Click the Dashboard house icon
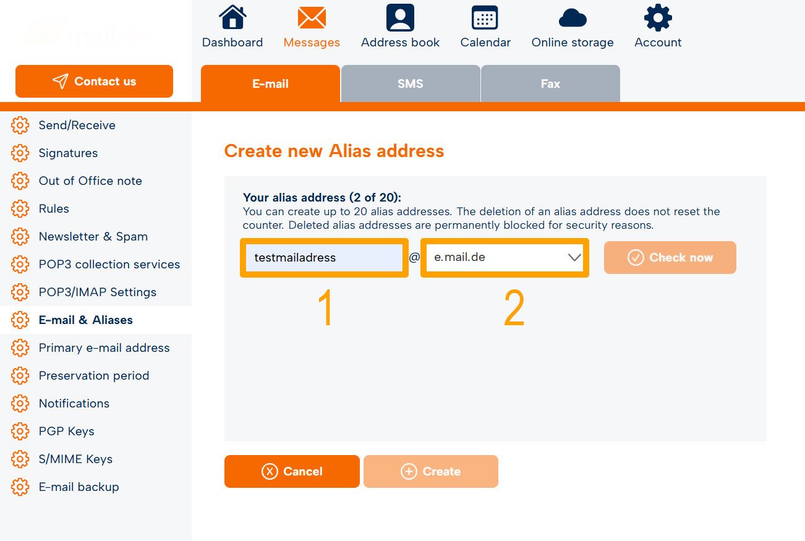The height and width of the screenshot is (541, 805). [x=232, y=17]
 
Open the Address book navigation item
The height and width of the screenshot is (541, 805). [x=400, y=26]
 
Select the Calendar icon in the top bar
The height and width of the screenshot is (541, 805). [x=485, y=17]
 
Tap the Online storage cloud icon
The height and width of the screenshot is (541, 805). [x=573, y=18]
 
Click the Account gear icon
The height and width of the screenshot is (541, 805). [x=658, y=17]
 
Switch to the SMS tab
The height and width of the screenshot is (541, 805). [x=411, y=83]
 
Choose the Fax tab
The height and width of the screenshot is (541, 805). [x=550, y=83]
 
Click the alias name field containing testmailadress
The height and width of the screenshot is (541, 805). [x=324, y=257]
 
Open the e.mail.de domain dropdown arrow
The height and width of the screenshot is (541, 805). [x=574, y=257]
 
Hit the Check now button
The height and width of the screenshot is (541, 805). [x=670, y=257]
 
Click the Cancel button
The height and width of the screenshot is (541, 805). [x=292, y=471]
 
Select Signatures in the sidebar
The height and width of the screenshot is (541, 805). [x=68, y=153]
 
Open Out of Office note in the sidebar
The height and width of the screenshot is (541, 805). [x=90, y=181]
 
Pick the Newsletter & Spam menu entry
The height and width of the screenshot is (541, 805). [x=93, y=237]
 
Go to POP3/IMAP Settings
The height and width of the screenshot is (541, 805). [x=98, y=292]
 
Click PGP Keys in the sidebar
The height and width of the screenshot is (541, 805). [x=67, y=432]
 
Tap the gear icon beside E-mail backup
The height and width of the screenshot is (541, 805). [x=20, y=487]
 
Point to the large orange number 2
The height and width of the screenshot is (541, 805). [x=514, y=308]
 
